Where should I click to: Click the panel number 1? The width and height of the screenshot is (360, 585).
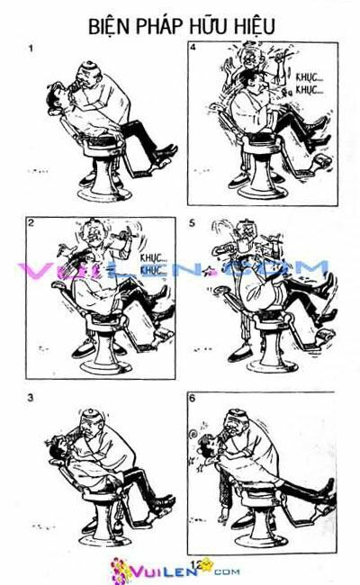pos(31,50)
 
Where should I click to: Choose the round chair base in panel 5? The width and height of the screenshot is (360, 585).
pos(270,359)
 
